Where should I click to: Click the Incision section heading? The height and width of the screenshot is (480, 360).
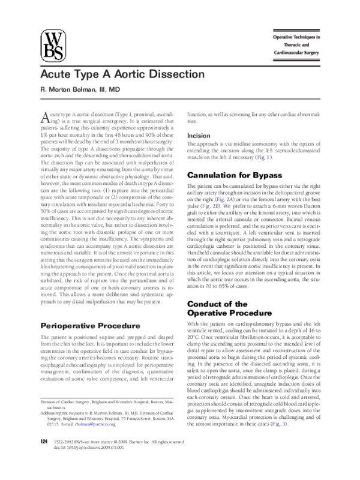click(x=199, y=136)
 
